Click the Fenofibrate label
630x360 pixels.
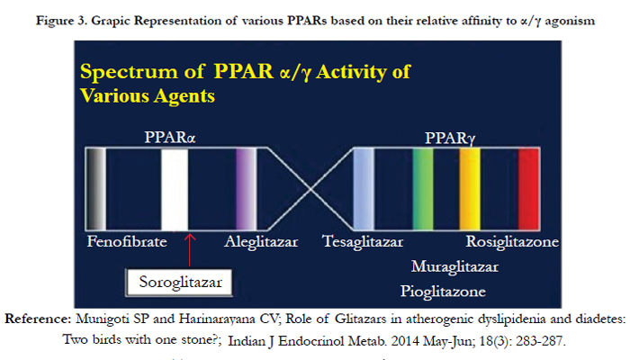point(127,241)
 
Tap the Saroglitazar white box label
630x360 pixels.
point(179,283)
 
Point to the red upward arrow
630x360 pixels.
point(190,249)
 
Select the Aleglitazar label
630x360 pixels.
point(261,242)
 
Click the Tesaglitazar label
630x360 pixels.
point(363,242)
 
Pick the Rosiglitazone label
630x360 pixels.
point(512,242)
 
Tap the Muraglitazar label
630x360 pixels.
point(454,266)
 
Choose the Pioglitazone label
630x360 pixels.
point(443,292)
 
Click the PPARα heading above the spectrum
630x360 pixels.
point(170,138)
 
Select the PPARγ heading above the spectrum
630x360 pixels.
point(450,139)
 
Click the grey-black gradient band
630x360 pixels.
point(96,189)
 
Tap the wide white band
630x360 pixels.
point(175,189)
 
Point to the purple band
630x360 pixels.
point(246,189)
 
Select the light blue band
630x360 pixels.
point(364,189)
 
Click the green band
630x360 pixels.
point(423,189)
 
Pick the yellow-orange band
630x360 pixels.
point(470,189)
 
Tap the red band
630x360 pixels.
point(529,189)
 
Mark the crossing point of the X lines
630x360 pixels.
point(310,189)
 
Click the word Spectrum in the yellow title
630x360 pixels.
point(129,72)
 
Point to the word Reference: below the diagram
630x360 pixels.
point(38,319)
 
